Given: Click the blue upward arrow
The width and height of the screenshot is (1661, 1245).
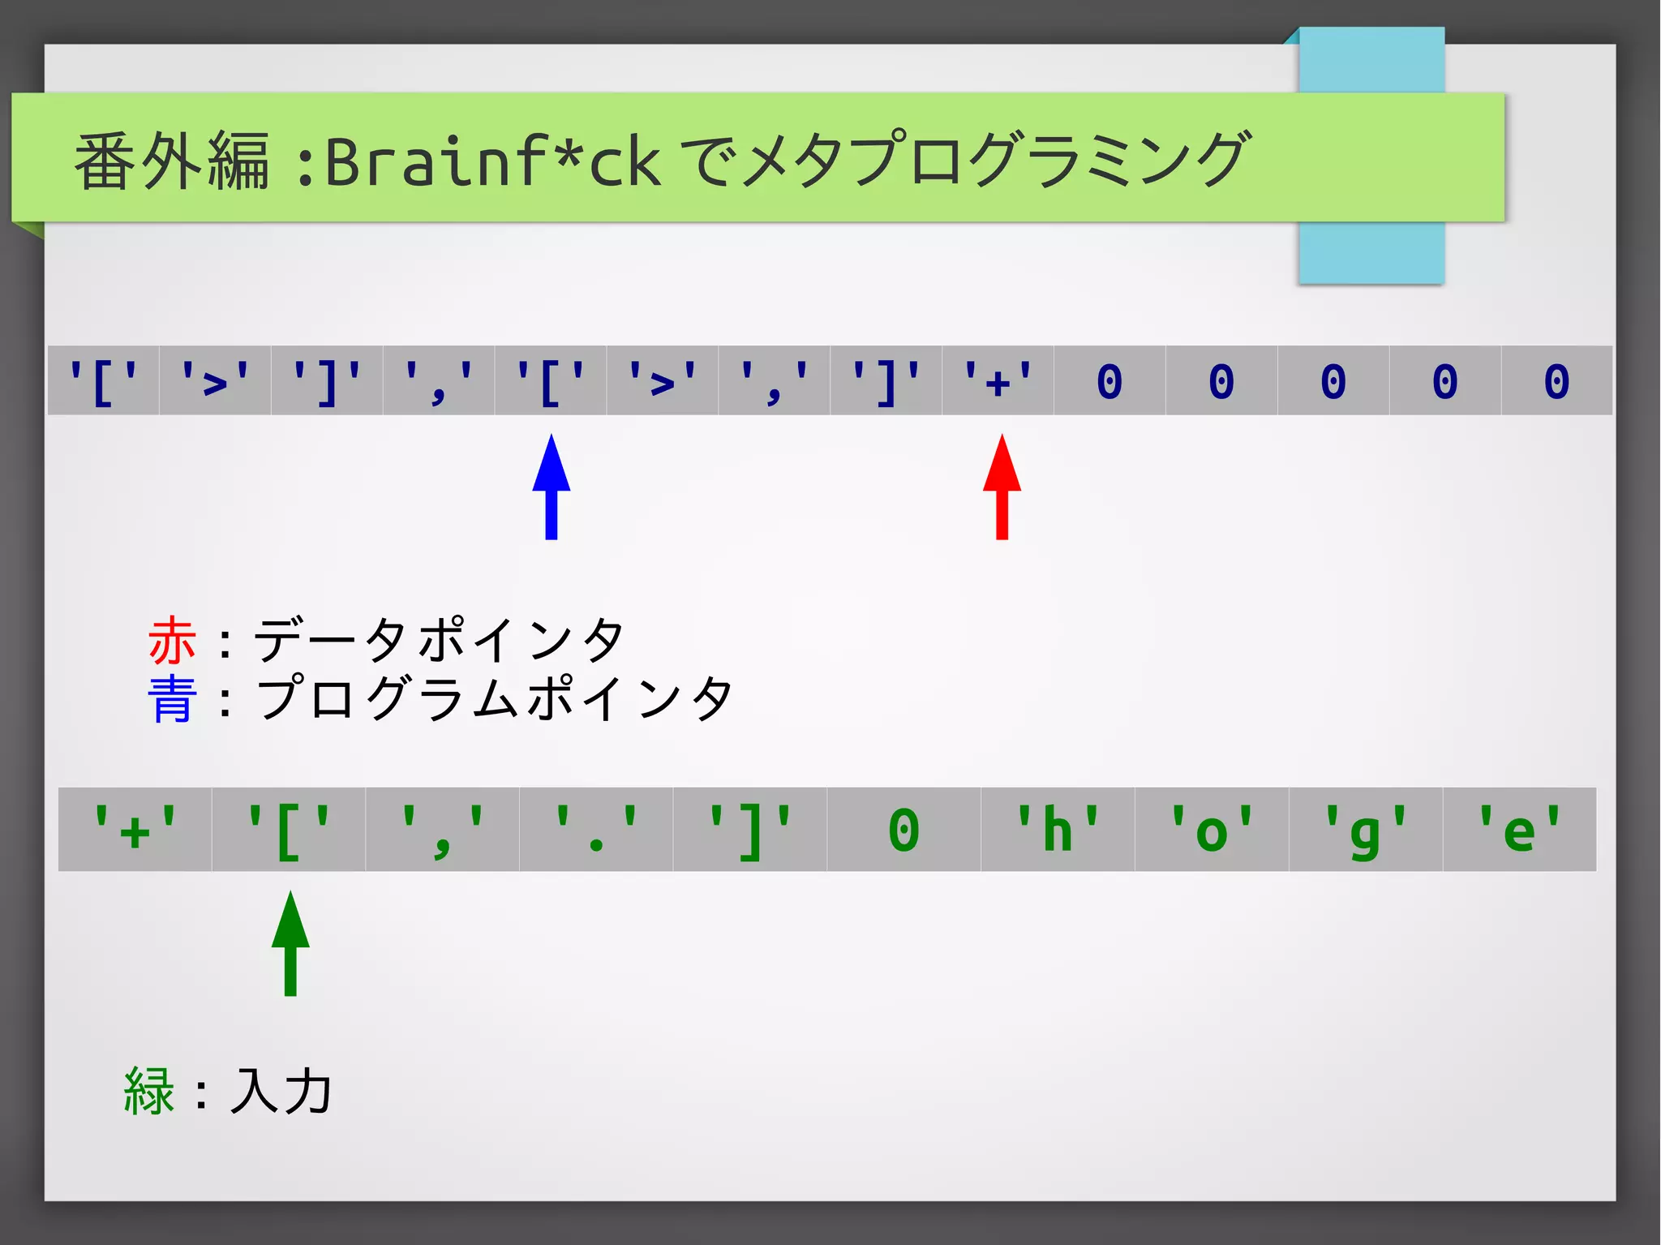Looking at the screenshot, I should [552, 487].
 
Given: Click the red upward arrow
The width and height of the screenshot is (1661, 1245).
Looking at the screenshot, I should [1002, 487].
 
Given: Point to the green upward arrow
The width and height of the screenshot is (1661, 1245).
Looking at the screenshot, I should [290, 943].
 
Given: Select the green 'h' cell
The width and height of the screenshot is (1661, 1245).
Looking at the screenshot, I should [1058, 830].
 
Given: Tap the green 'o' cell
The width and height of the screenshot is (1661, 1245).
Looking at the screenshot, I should [1212, 830].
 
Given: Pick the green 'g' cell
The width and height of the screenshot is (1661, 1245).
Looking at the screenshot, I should [1366, 830].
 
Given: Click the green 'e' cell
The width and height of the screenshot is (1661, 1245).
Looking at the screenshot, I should [1519, 830].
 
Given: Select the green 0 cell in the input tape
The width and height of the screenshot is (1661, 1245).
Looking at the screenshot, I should [903, 830].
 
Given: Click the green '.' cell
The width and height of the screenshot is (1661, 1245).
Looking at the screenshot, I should [596, 830].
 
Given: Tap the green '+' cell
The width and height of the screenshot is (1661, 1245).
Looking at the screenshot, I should [135, 830].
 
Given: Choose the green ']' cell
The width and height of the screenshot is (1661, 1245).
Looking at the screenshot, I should [749, 830].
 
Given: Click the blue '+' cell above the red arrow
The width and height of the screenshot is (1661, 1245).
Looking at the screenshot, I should [998, 380].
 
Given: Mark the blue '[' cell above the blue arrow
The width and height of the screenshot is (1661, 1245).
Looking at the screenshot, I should [551, 380].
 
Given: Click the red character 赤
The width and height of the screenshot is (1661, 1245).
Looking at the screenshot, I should [172, 640].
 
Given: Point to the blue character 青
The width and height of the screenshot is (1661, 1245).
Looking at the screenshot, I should [172, 698].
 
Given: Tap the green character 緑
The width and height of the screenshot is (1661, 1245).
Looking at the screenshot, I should [149, 1091].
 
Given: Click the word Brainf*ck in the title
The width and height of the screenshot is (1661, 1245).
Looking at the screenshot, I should [492, 161].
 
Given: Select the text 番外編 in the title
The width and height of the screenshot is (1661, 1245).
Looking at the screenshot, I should [172, 161].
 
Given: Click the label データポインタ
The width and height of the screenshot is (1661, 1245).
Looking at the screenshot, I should [439, 640].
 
